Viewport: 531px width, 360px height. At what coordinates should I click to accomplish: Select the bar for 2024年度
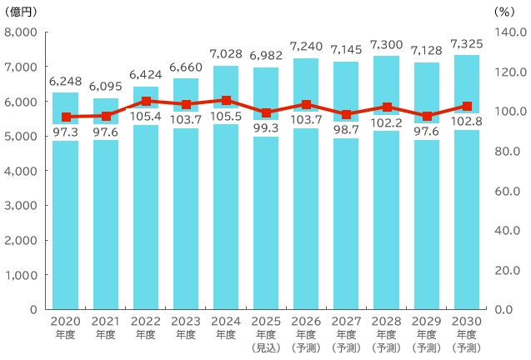(x=226, y=217)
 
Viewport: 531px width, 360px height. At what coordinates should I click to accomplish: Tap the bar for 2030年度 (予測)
(x=467, y=217)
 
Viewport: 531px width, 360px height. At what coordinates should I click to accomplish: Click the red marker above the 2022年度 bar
(x=146, y=102)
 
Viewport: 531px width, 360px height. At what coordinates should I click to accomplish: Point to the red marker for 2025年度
(x=266, y=113)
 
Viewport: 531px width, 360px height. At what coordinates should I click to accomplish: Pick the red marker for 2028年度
(x=387, y=107)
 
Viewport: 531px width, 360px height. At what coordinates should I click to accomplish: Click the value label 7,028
(x=226, y=54)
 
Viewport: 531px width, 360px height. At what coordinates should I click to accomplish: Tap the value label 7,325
(x=467, y=43)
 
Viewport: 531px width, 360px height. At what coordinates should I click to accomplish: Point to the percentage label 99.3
(x=266, y=128)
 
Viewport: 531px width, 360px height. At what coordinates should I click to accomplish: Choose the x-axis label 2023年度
(x=186, y=328)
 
